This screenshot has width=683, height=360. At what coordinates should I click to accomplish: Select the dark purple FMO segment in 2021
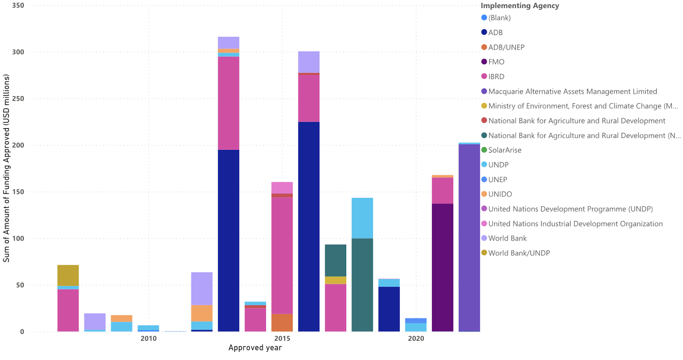coord(442,267)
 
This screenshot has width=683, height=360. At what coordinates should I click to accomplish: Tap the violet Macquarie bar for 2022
coord(469,237)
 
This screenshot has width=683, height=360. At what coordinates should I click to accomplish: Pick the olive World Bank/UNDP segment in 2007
coord(68,275)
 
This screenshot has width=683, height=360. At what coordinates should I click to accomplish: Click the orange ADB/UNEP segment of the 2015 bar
coord(282,322)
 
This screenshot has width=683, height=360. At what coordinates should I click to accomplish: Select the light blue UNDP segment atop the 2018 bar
coord(362,218)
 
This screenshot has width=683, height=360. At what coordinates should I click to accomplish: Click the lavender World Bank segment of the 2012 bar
coord(201,289)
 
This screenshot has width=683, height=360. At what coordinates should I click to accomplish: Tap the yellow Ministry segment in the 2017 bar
coord(336,280)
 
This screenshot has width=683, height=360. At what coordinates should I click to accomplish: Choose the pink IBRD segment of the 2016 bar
coord(309,98)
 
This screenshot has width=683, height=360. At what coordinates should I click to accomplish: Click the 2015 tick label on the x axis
coord(282,339)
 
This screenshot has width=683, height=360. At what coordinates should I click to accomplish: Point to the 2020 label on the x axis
coord(416,339)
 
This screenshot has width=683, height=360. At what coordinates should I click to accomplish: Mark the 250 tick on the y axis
coord(18,99)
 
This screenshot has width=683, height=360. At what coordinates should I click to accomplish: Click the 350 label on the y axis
coord(18,6)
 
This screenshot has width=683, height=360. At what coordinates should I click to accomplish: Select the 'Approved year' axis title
coord(255,348)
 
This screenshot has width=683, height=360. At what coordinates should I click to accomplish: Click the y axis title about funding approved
coord(6,168)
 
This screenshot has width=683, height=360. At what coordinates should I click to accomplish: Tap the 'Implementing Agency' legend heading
coord(520,6)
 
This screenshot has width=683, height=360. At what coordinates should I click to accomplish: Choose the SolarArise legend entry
coord(505,150)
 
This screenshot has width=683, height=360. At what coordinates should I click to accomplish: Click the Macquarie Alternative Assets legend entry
coord(572,91)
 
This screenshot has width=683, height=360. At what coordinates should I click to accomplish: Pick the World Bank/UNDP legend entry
coord(519,253)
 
